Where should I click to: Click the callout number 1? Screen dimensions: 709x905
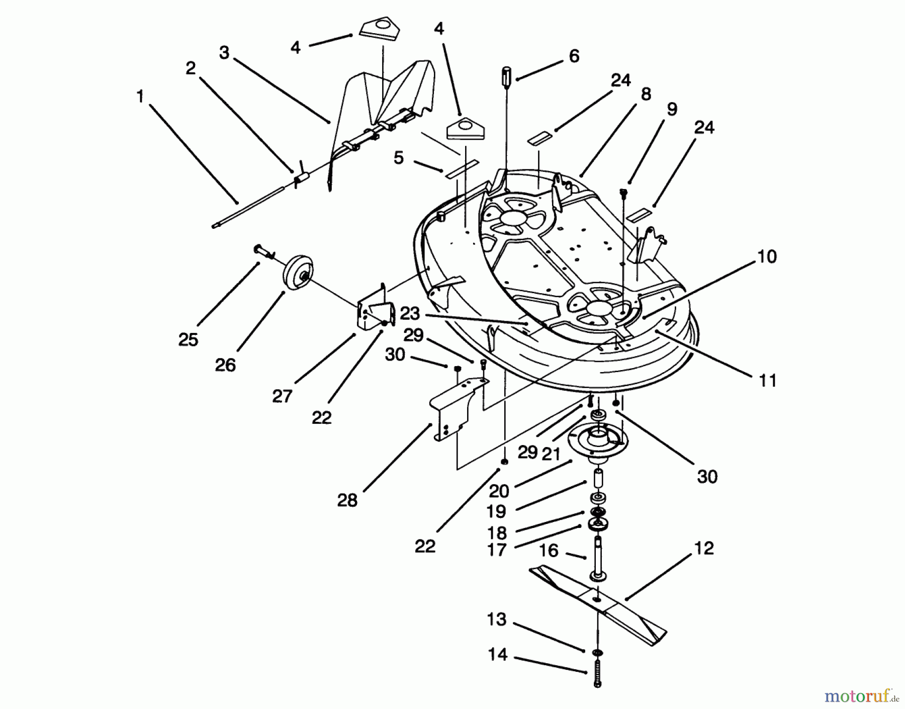(140, 97)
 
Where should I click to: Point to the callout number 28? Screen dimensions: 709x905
(347, 500)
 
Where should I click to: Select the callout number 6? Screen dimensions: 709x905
(574, 56)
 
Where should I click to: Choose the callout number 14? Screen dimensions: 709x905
(497, 655)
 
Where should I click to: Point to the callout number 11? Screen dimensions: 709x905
(767, 381)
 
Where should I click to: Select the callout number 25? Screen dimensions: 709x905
(188, 340)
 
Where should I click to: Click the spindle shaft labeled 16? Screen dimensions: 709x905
(597, 558)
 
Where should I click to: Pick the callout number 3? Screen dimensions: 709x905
(224, 52)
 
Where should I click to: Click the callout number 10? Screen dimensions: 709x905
(767, 256)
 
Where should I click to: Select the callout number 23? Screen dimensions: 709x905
(409, 314)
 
